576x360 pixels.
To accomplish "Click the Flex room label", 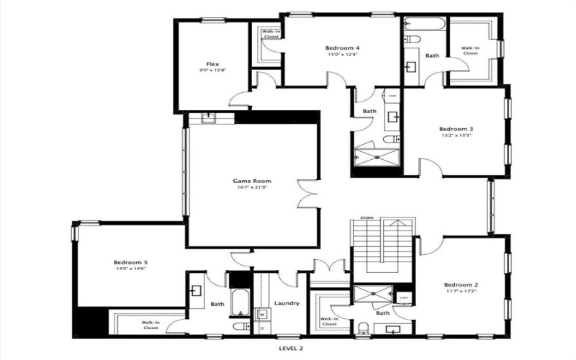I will click(x=212, y=63).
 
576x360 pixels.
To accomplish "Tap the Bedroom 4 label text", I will click(x=342, y=48).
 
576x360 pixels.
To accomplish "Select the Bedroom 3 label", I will click(x=456, y=130).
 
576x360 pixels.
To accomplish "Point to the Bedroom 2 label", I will click(x=461, y=284).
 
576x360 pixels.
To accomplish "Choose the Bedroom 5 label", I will click(x=130, y=263).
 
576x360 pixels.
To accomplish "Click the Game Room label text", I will click(x=251, y=181).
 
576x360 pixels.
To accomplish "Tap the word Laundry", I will click(x=286, y=303).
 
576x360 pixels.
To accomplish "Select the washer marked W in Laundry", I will click(x=262, y=314).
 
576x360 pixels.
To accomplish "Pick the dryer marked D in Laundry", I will click(x=262, y=328).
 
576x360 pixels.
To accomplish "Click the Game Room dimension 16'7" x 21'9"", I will click(x=251, y=188).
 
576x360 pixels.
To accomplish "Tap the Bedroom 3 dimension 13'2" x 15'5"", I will click(x=456, y=137).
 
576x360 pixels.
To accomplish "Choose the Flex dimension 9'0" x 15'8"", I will click(x=212, y=71).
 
